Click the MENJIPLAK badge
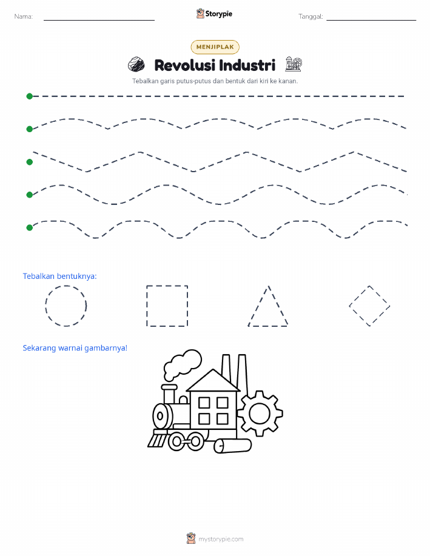[x=215, y=47]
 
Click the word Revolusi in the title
[x=184, y=65]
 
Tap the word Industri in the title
[x=247, y=65]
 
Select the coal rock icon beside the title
[x=136, y=64]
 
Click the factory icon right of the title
[x=294, y=64]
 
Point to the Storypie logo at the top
[x=214, y=14]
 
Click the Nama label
[x=24, y=16]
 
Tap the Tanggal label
[x=311, y=16]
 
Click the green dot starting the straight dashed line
[x=30, y=96]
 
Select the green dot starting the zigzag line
[x=30, y=162]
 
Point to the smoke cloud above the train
[x=183, y=364]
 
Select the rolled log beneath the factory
[x=233, y=446]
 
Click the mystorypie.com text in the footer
[x=221, y=540]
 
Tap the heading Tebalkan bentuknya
[x=59, y=276]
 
